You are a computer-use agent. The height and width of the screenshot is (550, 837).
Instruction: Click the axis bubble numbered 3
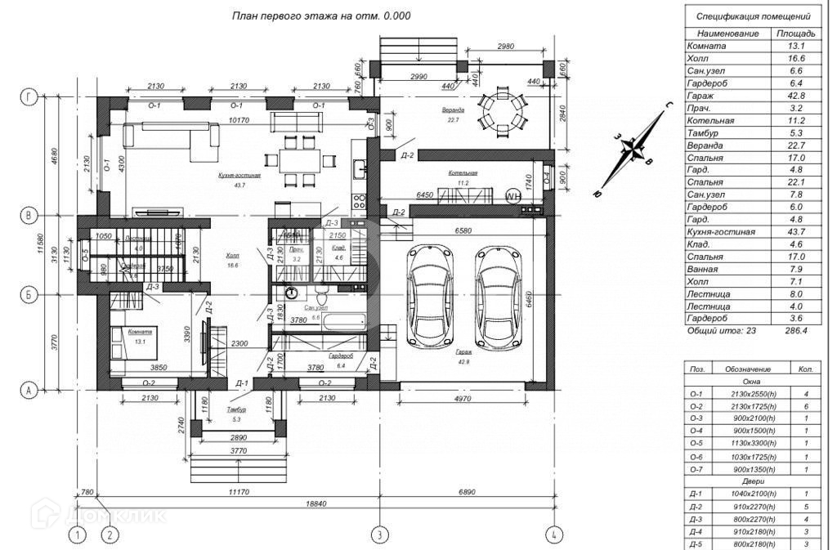(379, 535)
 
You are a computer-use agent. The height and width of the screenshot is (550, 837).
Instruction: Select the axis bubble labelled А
(29, 391)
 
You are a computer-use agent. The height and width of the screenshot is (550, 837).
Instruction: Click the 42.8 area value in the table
(791, 96)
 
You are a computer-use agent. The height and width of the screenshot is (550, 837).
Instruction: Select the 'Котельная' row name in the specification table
(711, 120)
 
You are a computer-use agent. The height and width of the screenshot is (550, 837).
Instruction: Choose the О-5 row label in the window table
(696, 443)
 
